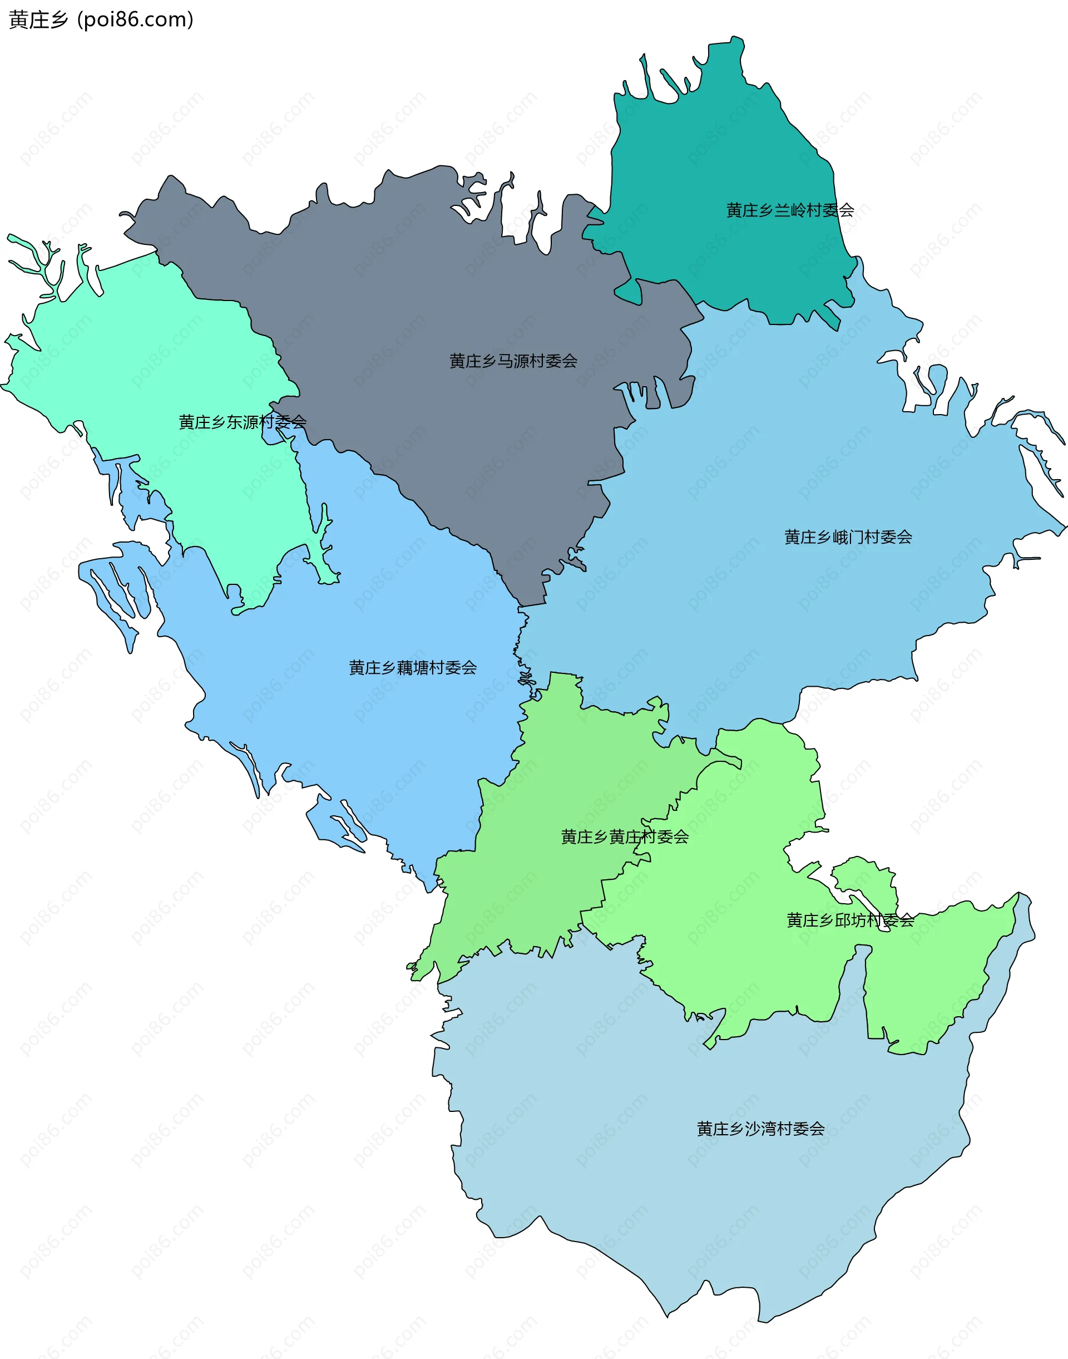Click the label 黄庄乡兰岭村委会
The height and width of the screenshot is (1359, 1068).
790,210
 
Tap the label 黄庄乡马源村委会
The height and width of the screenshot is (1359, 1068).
513,361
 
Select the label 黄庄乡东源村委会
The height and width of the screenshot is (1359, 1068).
242,422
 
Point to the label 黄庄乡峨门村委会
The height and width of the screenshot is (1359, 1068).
848,537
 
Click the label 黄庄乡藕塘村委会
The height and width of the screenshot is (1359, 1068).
413,668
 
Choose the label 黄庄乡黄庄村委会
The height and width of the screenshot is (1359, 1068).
625,837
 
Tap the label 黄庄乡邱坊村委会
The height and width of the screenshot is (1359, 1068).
851,920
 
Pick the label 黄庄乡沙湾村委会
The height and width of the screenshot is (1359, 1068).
760,1129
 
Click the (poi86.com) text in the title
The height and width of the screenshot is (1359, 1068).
135,20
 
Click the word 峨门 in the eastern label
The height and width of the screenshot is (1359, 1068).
848,537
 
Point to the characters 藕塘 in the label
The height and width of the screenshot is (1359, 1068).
413,668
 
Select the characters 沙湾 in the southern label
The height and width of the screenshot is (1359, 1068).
760,1129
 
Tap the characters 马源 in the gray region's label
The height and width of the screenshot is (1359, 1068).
513,361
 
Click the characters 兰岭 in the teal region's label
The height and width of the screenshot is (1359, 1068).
790,210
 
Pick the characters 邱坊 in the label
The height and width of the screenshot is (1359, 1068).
851,920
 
